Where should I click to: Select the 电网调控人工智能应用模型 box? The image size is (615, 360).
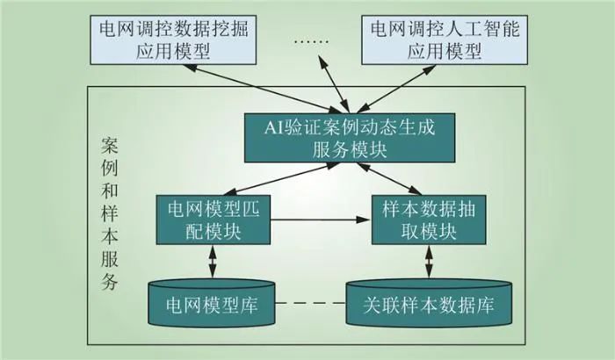(449, 40)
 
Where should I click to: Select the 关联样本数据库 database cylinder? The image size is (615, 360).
(428, 302)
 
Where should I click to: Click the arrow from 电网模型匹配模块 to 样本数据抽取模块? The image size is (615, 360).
(317, 220)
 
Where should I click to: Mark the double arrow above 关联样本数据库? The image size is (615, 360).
(429, 262)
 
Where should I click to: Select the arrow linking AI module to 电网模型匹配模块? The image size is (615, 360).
(260, 177)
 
